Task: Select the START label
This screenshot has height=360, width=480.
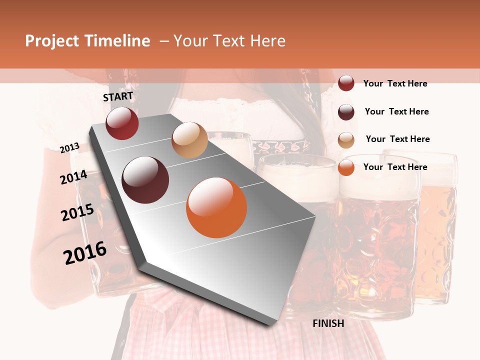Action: point(118,96)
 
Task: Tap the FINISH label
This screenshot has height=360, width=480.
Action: point(328,323)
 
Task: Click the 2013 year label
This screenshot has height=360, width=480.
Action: point(70,147)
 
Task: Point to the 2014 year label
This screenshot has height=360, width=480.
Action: point(74,177)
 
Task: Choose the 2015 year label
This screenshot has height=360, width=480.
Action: point(77,212)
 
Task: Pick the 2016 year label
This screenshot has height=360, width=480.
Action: point(85,252)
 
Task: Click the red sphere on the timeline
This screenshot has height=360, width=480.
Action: point(122,123)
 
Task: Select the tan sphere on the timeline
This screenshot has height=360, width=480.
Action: point(189,140)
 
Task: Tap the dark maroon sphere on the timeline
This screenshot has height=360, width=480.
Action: point(145,180)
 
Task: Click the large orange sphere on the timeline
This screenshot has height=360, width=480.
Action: point(216,207)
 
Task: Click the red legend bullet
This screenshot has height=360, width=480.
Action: point(346,83)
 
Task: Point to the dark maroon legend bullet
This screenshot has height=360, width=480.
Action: point(346,112)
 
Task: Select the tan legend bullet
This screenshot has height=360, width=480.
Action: point(346,140)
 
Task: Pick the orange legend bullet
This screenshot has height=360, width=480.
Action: point(346,167)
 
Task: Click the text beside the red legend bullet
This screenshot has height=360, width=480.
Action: point(395,83)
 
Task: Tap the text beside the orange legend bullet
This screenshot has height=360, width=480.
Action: point(395,167)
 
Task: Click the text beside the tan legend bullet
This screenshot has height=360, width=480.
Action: point(397,139)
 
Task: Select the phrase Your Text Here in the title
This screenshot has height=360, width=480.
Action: point(229,41)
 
